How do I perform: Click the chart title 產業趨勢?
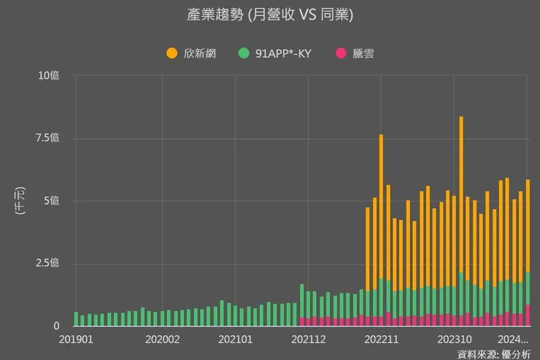pyautogui.click(x=270, y=15)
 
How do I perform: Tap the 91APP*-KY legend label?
pyautogui.click(x=283, y=53)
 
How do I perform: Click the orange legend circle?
pyautogui.click(x=172, y=53)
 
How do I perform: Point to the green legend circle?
pyautogui.click(x=244, y=53)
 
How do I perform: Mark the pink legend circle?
pyautogui.click(x=340, y=53)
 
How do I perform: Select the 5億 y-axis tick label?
pyautogui.click(x=53, y=201)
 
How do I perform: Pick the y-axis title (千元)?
pyautogui.click(x=20, y=201)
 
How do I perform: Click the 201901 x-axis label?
pyautogui.click(x=76, y=340)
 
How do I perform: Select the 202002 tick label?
pyautogui.click(x=163, y=340)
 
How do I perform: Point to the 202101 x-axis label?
pyautogui.click(x=235, y=340)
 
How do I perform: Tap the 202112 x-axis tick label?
pyautogui.click(x=308, y=340)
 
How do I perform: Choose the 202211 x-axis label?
pyautogui.click(x=381, y=340)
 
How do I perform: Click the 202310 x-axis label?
pyautogui.click(x=454, y=340)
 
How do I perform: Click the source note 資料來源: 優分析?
pyautogui.click(x=494, y=354)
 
